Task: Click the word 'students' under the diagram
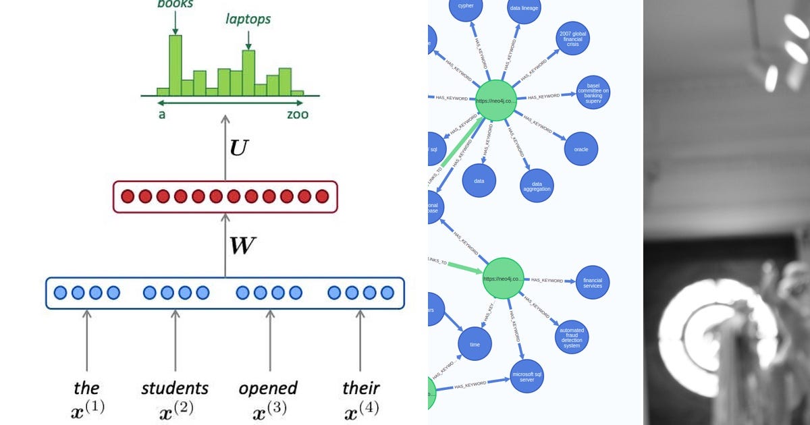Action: tap(175, 388)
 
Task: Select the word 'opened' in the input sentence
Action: tap(268, 389)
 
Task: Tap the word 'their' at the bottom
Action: tap(360, 388)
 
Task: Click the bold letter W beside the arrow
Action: tap(242, 246)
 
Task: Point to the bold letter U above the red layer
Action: tap(239, 148)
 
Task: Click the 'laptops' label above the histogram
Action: tap(248, 19)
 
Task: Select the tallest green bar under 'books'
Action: tap(175, 65)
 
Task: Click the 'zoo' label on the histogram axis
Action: tap(297, 114)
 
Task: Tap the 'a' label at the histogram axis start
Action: tap(162, 114)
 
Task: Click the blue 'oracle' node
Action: tap(580, 149)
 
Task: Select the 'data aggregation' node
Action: tap(537, 186)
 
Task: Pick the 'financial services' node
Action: tap(592, 283)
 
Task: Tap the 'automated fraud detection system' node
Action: tap(571, 337)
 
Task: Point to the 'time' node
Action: tap(475, 344)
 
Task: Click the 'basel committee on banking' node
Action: tap(593, 92)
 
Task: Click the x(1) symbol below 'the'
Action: tap(86, 409)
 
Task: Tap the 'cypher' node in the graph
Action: tap(466, 7)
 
